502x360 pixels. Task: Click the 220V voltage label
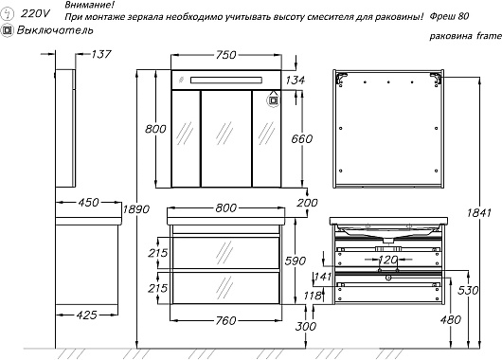click(x=35, y=13)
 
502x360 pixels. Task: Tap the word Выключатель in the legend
click(x=55, y=30)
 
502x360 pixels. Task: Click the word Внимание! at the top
click(x=90, y=5)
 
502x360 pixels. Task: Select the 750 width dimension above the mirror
click(x=226, y=55)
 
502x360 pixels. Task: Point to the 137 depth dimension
click(x=101, y=54)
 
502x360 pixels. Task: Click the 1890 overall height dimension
click(x=136, y=209)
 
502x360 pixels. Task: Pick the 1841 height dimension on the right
click(x=478, y=212)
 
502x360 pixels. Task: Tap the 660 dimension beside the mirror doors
click(x=302, y=139)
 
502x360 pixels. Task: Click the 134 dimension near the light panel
click(x=295, y=81)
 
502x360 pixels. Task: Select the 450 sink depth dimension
click(x=89, y=203)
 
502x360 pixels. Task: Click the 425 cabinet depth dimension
click(x=87, y=315)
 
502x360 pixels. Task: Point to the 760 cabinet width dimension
click(x=226, y=320)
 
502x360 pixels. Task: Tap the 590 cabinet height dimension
click(x=296, y=261)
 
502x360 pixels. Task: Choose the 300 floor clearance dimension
click(x=306, y=327)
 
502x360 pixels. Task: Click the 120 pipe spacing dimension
click(x=388, y=260)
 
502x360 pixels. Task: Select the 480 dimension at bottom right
click(x=451, y=319)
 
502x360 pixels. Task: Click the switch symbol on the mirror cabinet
click(x=273, y=100)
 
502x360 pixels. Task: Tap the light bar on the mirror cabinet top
click(x=226, y=81)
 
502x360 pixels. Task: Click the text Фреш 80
click(x=449, y=16)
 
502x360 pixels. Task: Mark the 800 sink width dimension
click(x=226, y=208)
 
